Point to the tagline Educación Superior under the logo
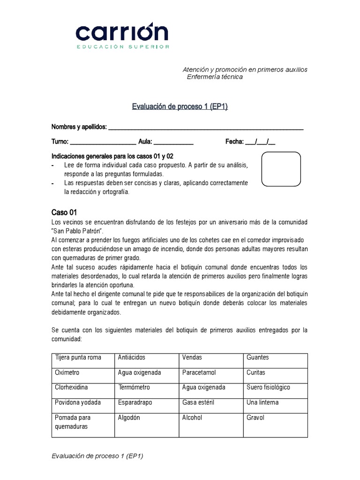click(x=124, y=47)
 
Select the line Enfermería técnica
click(x=215, y=77)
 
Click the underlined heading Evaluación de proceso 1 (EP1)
click(x=180, y=107)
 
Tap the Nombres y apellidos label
click(x=79, y=127)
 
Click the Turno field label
click(x=60, y=142)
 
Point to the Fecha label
click(x=234, y=142)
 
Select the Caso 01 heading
click(x=64, y=212)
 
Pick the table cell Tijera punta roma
click(x=78, y=357)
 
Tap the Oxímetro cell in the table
click(x=67, y=372)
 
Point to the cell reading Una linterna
click(x=262, y=402)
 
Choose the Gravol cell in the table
click(x=255, y=417)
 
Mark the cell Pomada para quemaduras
click(x=73, y=422)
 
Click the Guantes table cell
click(x=257, y=357)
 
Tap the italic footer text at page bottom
click(x=97, y=456)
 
